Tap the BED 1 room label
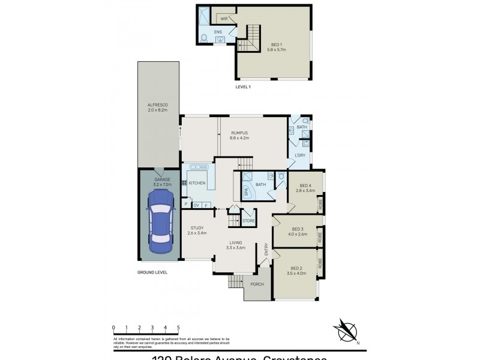click(x=276, y=44)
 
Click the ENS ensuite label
click(x=219, y=32)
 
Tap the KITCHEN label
click(x=197, y=183)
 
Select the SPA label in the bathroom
click(x=246, y=193)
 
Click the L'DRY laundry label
click(x=300, y=155)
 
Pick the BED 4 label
click(x=306, y=186)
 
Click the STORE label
click(x=248, y=221)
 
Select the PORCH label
click(x=257, y=284)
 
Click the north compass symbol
click(x=345, y=331)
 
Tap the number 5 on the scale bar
click(x=178, y=327)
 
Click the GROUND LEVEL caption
click(x=152, y=272)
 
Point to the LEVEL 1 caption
click(x=243, y=88)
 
